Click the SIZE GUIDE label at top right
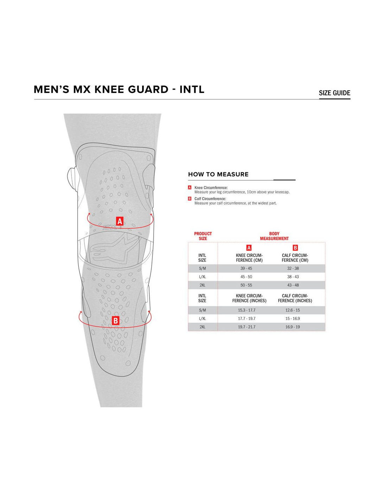point(334,93)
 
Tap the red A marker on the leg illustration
point(120,221)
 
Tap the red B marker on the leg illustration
point(115,321)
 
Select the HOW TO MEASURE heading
point(218,174)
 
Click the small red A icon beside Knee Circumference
point(190,187)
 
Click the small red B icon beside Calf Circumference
point(190,198)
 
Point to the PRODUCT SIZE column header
point(203,236)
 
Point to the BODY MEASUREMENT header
point(274,236)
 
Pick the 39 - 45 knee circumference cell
point(246,268)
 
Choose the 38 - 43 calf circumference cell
point(293,277)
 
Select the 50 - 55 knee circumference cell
point(246,285)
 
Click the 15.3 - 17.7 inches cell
point(247,310)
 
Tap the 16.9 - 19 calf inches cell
point(293,327)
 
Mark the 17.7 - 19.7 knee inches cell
point(247,318)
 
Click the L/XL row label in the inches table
point(202,318)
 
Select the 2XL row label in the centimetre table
point(202,285)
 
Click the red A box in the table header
point(249,248)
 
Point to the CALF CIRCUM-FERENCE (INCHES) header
point(295,298)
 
